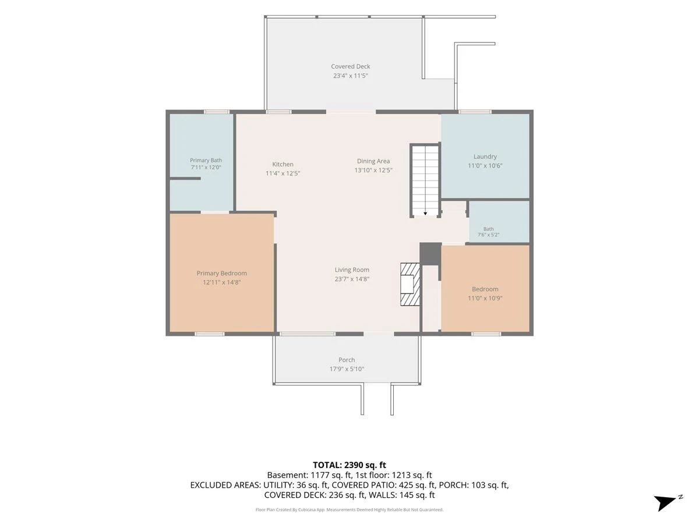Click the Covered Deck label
tap(350, 66)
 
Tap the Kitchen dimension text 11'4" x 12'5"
tap(283, 174)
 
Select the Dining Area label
tap(373, 161)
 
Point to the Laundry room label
tap(485, 157)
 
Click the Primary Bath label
tap(206, 160)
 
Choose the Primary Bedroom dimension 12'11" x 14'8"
tap(222, 282)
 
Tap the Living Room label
tap(352, 270)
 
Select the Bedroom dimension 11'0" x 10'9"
tap(485, 298)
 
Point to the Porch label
tap(347, 360)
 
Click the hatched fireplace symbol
tap(410, 284)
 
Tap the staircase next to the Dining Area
tap(425, 180)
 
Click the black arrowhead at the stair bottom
tap(425, 214)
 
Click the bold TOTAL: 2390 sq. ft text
tap(349, 465)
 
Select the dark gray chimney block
tap(430, 254)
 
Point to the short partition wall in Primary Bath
tap(185, 179)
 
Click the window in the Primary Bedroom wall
tap(210, 334)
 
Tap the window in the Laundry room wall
tap(475, 112)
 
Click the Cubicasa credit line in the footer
tap(349, 509)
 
